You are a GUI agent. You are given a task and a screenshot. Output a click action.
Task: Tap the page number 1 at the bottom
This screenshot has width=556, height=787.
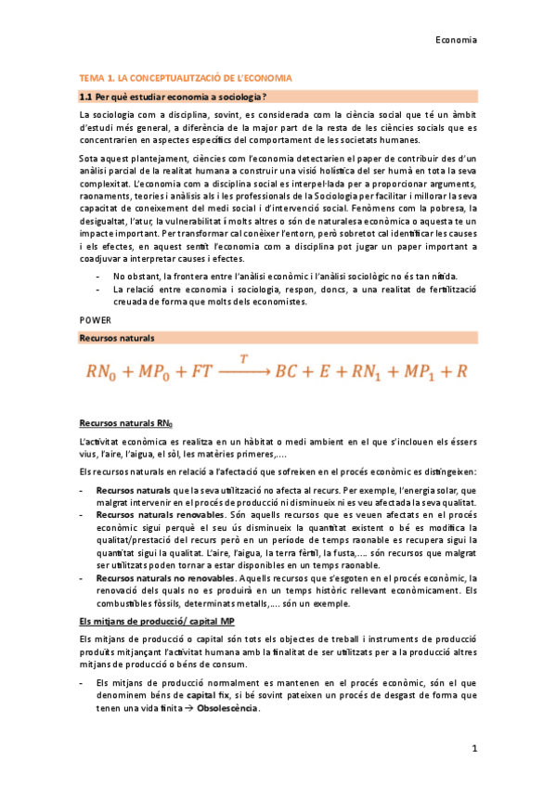click(x=473, y=747)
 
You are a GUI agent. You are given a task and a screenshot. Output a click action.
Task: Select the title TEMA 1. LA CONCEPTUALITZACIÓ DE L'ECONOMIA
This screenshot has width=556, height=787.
click(x=186, y=78)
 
